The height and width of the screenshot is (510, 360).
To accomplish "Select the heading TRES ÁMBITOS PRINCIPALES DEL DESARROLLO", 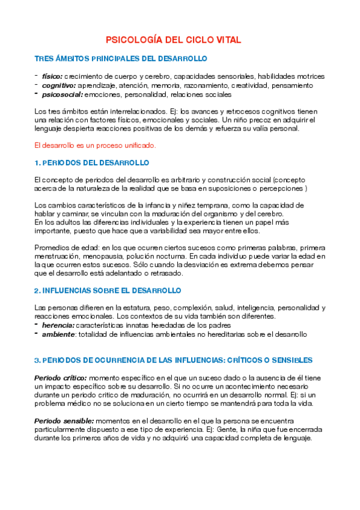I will (x=121, y=58).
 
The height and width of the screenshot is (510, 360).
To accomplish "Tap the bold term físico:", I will (x=51, y=76).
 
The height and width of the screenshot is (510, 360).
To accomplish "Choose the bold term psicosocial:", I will (x=62, y=94).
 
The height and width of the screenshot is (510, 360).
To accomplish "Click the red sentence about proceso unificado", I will (x=96, y=145).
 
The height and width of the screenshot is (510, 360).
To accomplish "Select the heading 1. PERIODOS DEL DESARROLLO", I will (x=92, y=163).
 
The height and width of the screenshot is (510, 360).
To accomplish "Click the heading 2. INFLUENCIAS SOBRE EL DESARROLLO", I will (x=108, y=290).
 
